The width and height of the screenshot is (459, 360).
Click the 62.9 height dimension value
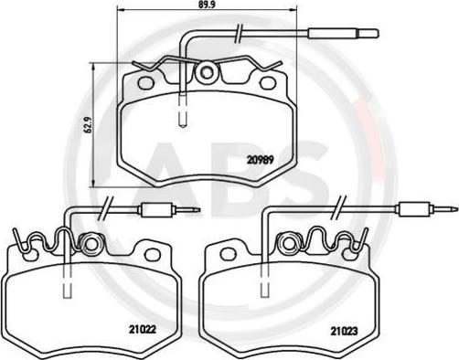point(89,125)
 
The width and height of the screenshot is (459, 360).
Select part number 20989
point(261,160)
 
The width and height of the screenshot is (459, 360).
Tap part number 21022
point(143,329)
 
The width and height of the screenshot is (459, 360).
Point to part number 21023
point(345,331)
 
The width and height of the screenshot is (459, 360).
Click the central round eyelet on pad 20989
point(208,72)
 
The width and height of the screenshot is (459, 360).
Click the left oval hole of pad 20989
point(145,82)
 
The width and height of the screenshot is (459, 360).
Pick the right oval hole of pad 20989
point(268,82)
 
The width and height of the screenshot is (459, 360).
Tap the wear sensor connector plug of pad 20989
point(344,33)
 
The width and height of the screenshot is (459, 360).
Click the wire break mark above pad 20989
point(239,33)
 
